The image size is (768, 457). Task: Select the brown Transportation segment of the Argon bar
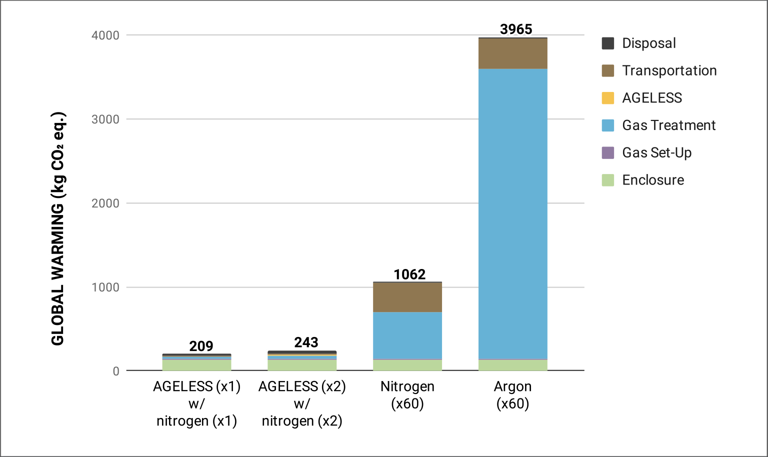(512, 53)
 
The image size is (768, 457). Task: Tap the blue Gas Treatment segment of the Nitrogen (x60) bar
(407, 335)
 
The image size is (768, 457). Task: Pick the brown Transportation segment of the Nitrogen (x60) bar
(407, 297)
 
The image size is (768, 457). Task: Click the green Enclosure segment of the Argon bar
(512, 365)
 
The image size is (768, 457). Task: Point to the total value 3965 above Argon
(516, 29)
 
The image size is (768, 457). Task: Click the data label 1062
(409, 274)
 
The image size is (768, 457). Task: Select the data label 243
(306, 342)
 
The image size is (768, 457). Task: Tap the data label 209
(201, 346)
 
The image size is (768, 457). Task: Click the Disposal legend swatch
(607, 43)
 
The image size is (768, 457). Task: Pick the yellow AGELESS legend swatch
(607, 98)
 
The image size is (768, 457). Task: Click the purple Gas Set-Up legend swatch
(607, 153)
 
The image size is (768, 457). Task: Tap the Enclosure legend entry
(652, 180)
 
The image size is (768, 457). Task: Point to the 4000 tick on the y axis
(105, 35)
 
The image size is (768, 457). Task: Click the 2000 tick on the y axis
(105, 203)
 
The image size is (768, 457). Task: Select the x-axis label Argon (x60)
(512, 395)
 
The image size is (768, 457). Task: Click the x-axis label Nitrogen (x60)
(407, 395)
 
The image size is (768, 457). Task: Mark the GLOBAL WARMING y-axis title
(58, 228)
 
